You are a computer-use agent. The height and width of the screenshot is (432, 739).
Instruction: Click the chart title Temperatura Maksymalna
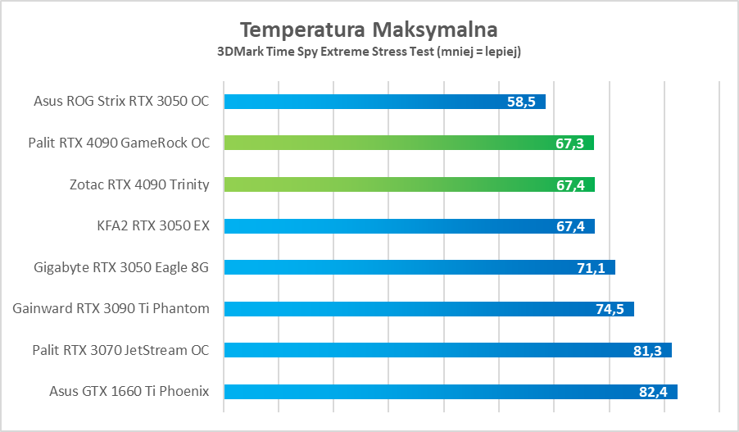[369, 30]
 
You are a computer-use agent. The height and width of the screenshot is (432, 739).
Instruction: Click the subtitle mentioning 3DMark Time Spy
[369, 52]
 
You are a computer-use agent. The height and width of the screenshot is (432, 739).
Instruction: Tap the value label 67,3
[569, 143]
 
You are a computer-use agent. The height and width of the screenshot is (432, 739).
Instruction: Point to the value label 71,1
[591, 267]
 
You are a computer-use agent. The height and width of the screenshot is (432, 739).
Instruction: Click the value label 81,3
[647, 351]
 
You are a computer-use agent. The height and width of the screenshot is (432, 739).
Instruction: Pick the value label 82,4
[653, 392]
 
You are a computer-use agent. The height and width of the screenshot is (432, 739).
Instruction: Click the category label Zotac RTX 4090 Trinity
[139, 184]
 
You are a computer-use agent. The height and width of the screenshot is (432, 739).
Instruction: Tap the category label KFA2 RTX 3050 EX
[153, 225]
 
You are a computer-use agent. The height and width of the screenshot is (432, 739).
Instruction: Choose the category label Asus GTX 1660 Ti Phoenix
[129, 392]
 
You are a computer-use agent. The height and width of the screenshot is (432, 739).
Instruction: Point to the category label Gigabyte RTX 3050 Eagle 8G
[122, 267]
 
